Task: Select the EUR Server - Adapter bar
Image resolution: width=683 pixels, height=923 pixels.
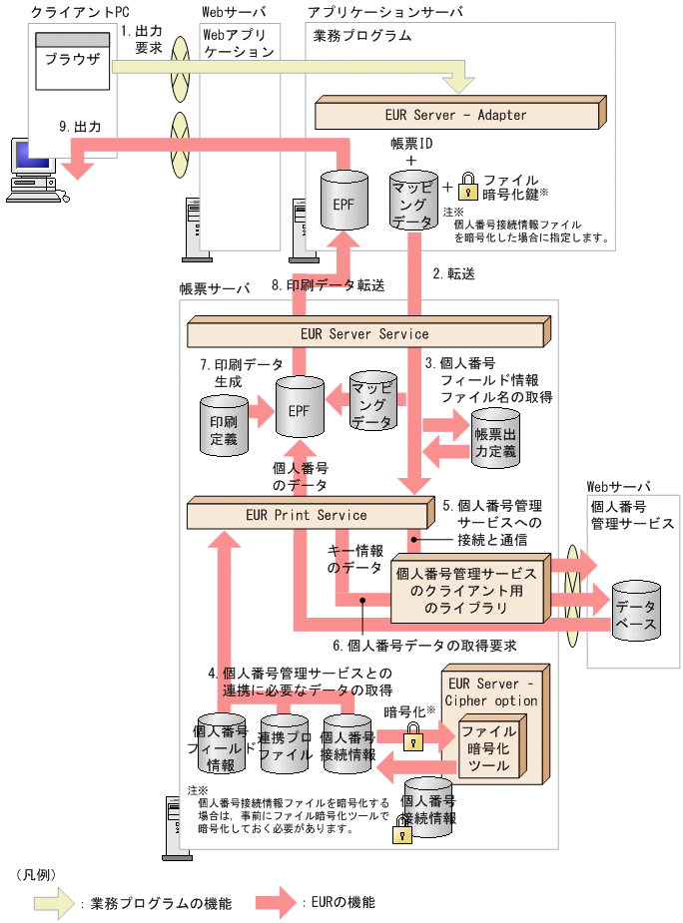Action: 455,114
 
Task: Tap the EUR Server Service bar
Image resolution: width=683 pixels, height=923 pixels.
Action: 364,333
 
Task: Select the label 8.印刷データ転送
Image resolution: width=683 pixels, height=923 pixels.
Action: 328,285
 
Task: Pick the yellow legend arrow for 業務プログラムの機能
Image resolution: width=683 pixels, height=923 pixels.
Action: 44,903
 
